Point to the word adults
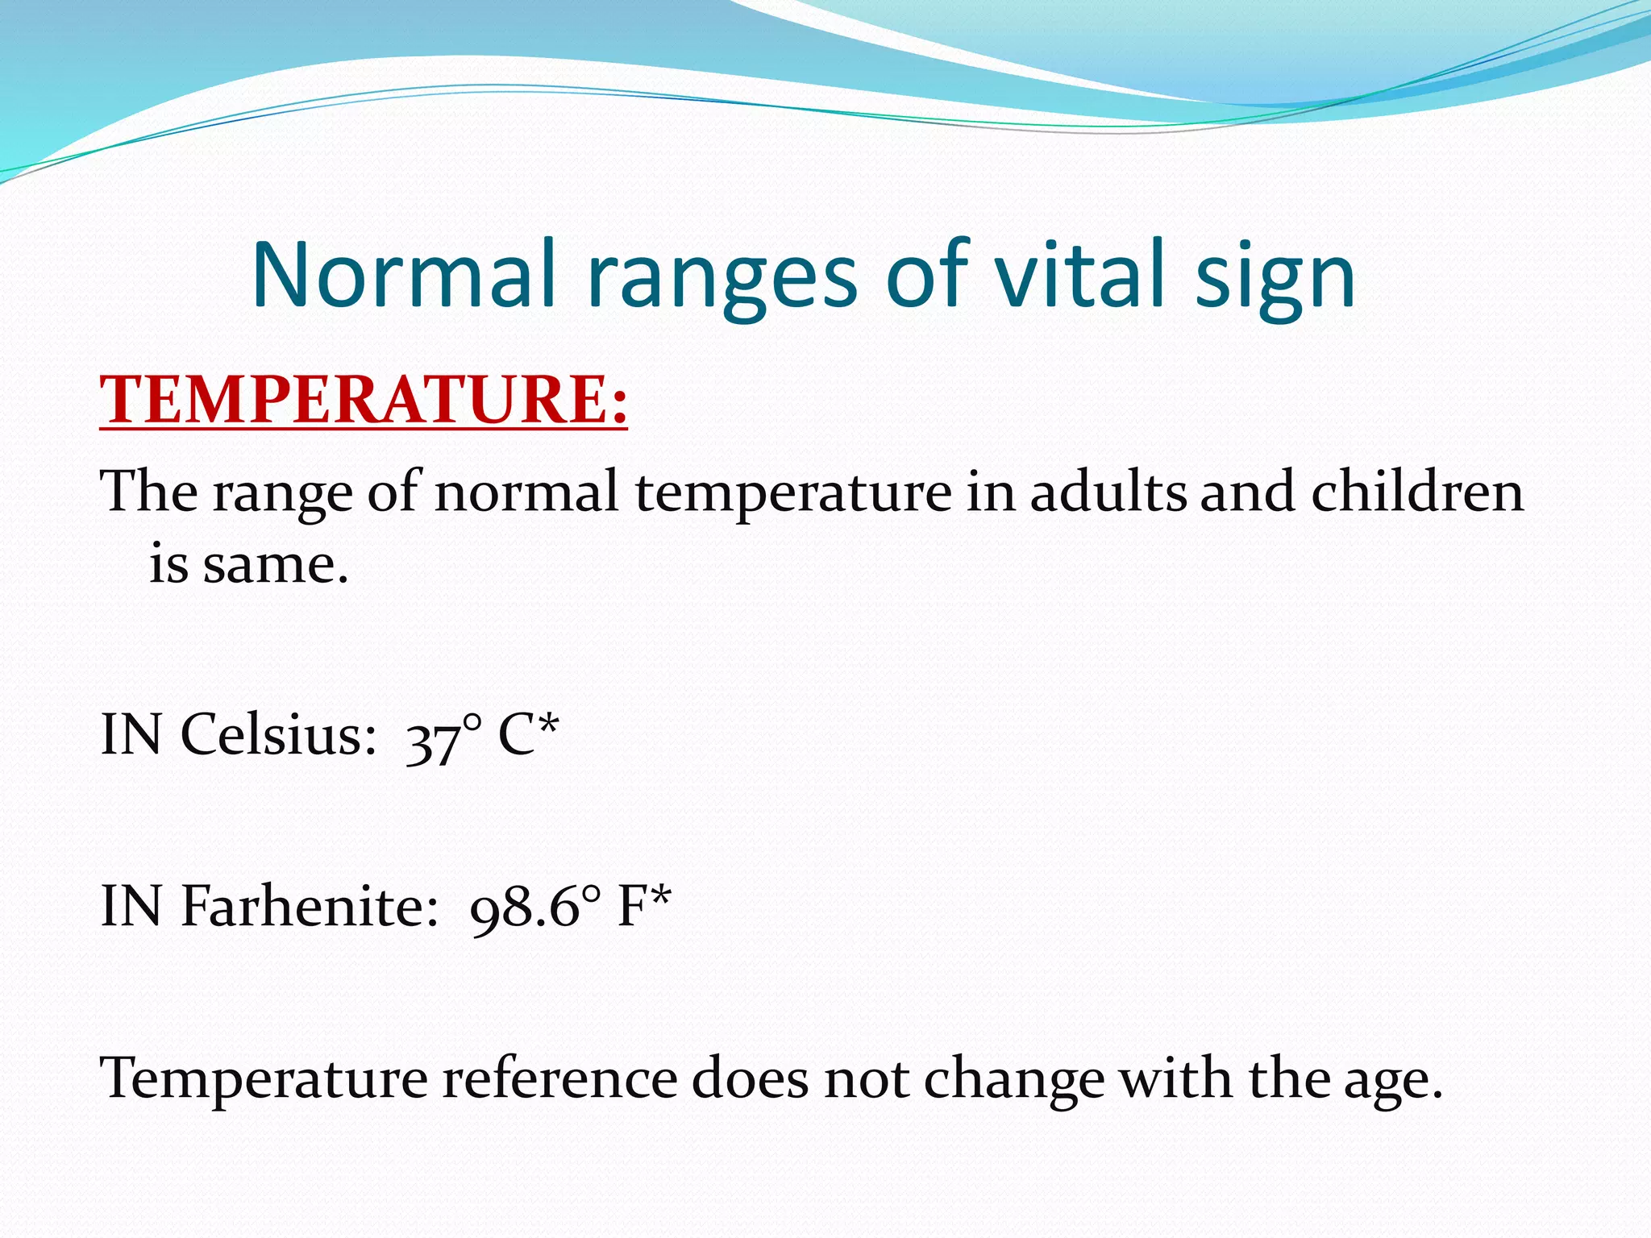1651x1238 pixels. [1107, 492]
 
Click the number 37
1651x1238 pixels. [432, 740]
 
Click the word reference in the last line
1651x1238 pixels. [559, 1078]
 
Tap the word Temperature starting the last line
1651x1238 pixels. [263, 1078]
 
